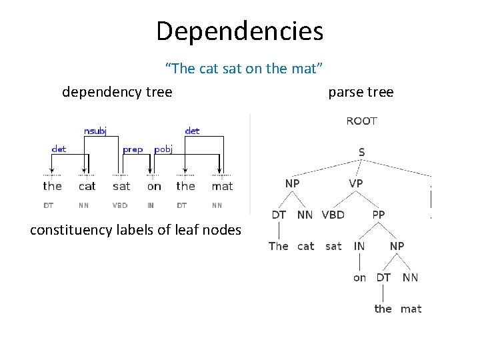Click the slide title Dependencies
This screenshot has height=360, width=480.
[x=239, y=30]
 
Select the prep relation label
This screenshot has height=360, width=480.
[x=133, y=150]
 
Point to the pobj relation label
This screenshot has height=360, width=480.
[x=164, y=150]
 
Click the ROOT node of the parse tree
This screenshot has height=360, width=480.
[x=361, y=121]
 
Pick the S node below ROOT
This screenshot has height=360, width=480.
[x=361, y=152]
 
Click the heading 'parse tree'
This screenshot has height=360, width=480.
[x=361, y=92]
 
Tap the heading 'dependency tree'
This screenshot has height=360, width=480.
[x=117, y=92]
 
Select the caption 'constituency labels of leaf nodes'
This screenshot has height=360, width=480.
[x=136, y=231]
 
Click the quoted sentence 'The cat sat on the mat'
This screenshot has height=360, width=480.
[x=244, y=68]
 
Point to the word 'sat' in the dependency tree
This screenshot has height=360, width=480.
[x=121, y=187]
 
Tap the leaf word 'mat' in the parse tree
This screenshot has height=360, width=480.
[x=411, y=309]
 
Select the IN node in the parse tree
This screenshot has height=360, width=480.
[x=359, y=246]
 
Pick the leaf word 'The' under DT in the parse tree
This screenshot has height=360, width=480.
[x=278, y=246]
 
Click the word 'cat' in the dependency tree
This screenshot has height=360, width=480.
[x=87, y=187]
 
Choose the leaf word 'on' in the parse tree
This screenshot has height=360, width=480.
[x=359, y=277]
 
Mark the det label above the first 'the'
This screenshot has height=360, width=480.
[x=59, y=150]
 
